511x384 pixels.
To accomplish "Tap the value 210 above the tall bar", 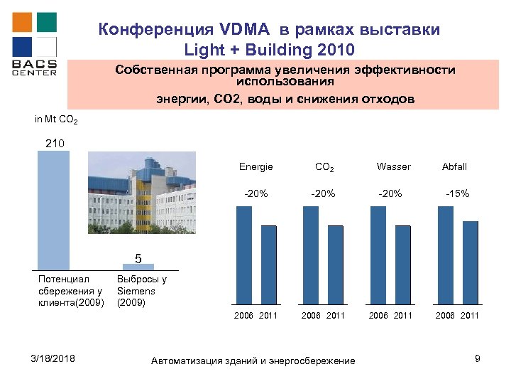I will point(55,144).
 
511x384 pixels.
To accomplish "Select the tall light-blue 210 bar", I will point(54,210).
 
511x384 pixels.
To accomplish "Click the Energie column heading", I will point(255,166).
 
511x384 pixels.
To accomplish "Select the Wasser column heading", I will point(393,166).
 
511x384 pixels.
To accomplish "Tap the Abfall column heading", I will point(454,166).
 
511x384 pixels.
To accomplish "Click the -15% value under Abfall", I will point(456,193).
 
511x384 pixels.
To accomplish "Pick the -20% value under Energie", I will point(255,193).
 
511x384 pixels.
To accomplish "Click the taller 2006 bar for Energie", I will point(243,255).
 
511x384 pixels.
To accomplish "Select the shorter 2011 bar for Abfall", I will point(471,262).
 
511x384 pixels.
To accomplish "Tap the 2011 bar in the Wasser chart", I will point(403,264).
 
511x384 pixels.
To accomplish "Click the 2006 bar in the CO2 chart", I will point(311,255).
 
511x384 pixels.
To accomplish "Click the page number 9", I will point(478,359).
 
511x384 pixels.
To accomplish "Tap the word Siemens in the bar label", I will point(136,291).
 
